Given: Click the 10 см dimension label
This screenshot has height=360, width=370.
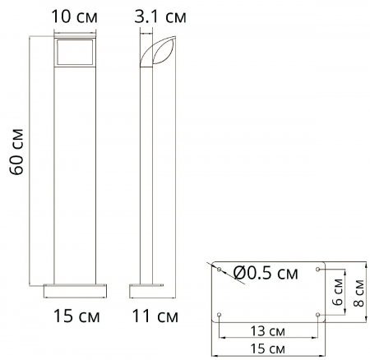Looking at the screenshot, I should click(74, 16).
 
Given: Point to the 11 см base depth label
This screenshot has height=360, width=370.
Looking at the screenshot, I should click(155, 314).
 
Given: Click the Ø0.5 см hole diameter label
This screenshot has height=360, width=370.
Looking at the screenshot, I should click(266, 273).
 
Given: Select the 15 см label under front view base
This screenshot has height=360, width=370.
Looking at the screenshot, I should click(74, 314).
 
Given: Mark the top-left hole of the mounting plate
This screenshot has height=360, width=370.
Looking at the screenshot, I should click(219, 270).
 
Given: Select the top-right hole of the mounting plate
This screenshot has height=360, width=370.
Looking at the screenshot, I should click(319, 270).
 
